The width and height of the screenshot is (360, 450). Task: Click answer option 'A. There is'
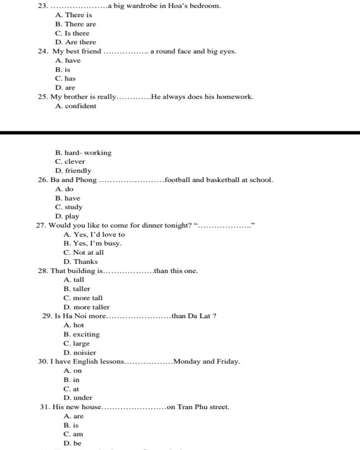(x=73, y=15)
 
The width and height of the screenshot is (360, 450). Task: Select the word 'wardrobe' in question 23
(x=142, y=6)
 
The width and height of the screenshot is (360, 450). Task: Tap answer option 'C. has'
(x=65, y=78)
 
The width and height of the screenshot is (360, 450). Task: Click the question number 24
(x=43, y=51)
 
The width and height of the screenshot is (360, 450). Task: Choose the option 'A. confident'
(x=76, y=106)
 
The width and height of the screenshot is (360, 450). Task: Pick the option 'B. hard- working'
(x=83, y=153)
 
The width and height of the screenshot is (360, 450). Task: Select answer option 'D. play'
(x=67, y=216)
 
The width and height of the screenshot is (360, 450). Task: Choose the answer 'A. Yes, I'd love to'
(x=94, y=234)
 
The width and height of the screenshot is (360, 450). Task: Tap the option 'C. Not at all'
(x=84, y=252)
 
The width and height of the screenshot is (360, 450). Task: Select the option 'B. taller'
(x=77, y=289)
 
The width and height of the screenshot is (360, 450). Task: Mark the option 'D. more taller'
(x=86, y=307)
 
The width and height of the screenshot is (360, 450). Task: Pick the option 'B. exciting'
(x=82, y=334)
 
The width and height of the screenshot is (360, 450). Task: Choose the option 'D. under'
(x=78, y=398)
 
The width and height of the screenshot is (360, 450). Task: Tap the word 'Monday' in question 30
(x=187, y=361)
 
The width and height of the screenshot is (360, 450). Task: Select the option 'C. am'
(x=73, y=434)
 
